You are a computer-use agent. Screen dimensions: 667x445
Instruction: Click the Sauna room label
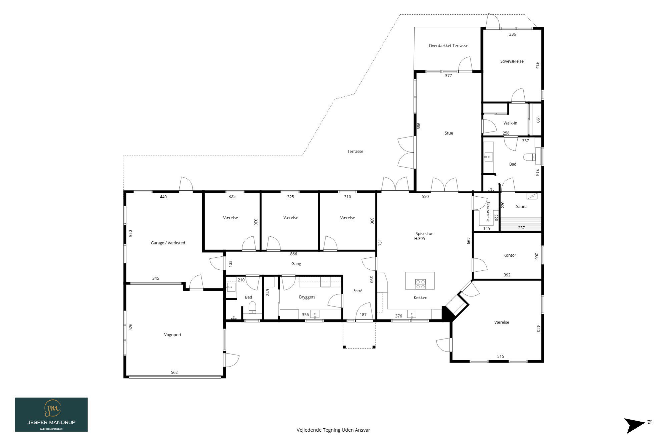(x=522, y=207)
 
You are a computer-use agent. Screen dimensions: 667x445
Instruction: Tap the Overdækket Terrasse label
(x=448, y=46)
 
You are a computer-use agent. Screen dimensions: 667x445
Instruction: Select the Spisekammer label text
(x=488, y=212)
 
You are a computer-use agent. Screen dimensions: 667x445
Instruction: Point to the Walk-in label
(x=510, y=123)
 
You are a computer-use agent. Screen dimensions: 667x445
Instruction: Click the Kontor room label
(x=510, y=255)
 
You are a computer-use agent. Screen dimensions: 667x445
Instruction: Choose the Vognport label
(x=173, y=335)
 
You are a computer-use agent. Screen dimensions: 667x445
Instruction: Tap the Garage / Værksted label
(x=168, y=243)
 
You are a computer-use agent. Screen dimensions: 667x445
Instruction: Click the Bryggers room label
(x=307, y=297)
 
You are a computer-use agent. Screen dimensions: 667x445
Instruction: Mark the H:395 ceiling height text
(x=420, y=239)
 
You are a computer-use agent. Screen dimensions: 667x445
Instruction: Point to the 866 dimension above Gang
(x=293, y=254)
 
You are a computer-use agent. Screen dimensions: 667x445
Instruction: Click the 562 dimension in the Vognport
(x=174, y=373)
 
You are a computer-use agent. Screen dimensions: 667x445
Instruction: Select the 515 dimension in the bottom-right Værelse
(x=501, y=357)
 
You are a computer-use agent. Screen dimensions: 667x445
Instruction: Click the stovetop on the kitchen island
(x=420, y=284)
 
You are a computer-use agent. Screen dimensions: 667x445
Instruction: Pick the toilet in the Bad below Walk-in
(x=529, y=157)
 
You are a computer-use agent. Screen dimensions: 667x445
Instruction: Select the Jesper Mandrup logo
(x=51, y=415)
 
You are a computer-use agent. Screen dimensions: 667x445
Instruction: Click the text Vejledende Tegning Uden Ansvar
(x=333, y=430)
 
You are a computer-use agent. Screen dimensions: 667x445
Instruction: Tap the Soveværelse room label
(x=512, y=61)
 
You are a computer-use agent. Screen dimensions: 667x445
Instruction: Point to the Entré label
(x=358, y=291)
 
